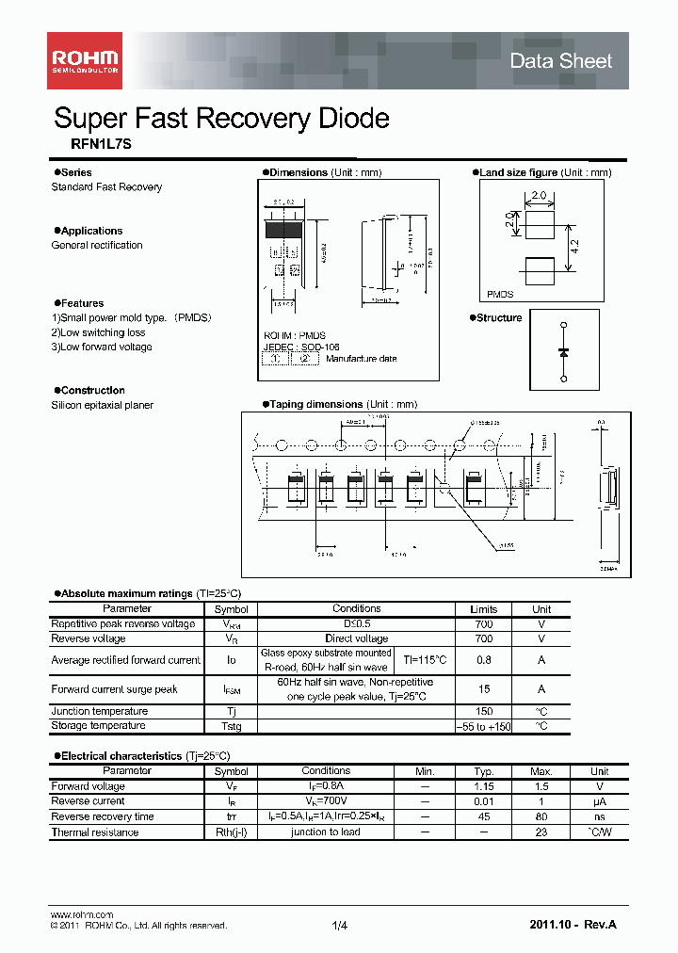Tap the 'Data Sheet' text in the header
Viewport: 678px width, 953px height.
tap(560, 61)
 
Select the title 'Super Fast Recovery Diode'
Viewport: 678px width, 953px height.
tap(221, 119)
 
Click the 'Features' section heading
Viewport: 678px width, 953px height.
tap(82, 303)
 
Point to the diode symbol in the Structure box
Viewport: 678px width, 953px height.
tap(563, 351)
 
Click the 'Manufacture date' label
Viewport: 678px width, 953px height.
tap(362, 359)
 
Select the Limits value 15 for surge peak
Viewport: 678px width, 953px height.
tap(484, 689)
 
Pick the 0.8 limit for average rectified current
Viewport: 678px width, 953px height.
tap(484, 660)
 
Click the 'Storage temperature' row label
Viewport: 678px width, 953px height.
tap(98, 726)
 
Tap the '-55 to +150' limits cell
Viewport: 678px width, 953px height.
tap(484, 726)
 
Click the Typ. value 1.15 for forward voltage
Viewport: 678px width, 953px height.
tap(484, 786)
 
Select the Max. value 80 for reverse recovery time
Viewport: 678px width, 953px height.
tap(541, 816)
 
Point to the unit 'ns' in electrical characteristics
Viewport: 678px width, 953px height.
tap(600, 816)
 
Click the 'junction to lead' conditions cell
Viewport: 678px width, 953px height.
tap(326, 832)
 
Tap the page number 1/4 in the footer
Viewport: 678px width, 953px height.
tap(340, 927)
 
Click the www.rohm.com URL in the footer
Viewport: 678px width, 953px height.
tap(81, 914)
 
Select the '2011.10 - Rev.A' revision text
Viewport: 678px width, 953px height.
tap(573, 927)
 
